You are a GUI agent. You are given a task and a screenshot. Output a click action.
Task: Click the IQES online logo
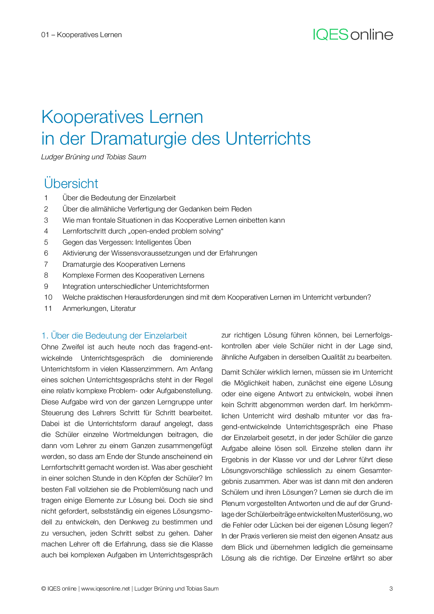click(353, 35)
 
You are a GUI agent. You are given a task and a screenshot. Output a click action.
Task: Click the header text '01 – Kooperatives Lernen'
click(82, 35)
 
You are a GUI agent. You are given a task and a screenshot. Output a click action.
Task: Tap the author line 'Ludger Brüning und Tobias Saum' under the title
click(93, 157)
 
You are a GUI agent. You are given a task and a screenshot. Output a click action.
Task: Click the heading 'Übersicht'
click(71, 183)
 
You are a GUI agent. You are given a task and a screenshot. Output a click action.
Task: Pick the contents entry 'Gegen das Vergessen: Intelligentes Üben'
click(127, 242)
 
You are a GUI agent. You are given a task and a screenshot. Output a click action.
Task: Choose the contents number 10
click(48, 297)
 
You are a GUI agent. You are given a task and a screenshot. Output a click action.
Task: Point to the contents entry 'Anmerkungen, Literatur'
click(99, 308)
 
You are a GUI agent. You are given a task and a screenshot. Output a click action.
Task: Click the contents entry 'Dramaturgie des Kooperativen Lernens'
click(124, 264)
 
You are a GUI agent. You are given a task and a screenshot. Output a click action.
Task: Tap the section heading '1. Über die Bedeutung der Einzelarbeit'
click(114, 335)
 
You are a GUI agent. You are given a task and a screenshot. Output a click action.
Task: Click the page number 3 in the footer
click(391, 588)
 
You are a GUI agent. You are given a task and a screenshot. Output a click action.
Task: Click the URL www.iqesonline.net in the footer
click(105, 588)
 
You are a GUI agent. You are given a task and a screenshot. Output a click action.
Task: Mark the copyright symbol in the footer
click(43, 588)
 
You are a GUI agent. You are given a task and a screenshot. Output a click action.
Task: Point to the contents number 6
click(46, 253)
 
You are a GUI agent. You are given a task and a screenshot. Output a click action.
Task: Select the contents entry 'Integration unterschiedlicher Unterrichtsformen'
click(135, 286)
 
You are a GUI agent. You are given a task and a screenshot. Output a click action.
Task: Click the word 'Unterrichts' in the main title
click(268, 139)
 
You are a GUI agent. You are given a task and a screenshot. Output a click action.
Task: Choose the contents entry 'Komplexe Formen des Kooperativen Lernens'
click(133, 275)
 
